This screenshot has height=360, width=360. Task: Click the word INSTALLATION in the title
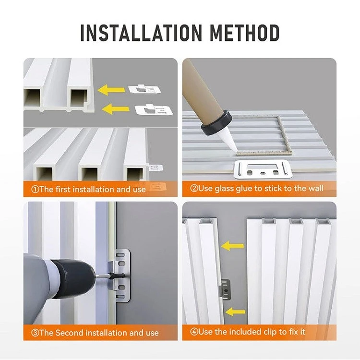point(141,33)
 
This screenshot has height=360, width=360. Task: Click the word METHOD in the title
point(244,33)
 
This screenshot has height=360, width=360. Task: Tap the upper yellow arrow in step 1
point(111,90)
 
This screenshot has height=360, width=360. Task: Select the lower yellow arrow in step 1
point(115,109)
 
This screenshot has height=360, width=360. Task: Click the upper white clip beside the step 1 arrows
point(144,89)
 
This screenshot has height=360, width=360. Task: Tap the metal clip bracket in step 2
point(263,169)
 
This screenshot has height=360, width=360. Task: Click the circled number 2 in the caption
point(194,189)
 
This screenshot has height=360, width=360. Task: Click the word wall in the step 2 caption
point(316,188)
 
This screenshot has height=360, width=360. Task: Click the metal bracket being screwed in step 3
point(120,275)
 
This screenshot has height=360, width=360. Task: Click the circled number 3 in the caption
point(35,333)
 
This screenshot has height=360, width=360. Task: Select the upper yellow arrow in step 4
point(232,246)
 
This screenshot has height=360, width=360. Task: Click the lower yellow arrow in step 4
point(235,312)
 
